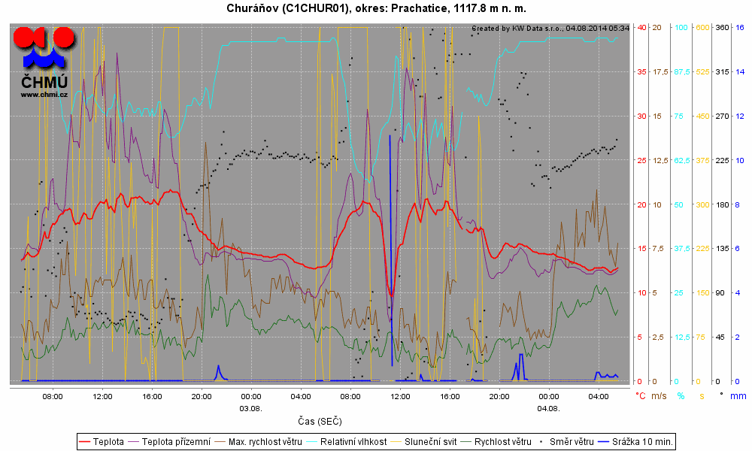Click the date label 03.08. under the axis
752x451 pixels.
(x=250, y=408)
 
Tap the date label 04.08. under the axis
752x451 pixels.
(x=548, y=408)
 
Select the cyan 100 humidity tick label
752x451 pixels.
(x=681, y=28)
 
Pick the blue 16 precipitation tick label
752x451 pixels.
(x=740, y=28)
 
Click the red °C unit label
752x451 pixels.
(x=641, y=395)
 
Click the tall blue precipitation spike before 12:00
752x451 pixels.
(x=390, y=225)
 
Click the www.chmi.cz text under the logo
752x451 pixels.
(x=44, y=94)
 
